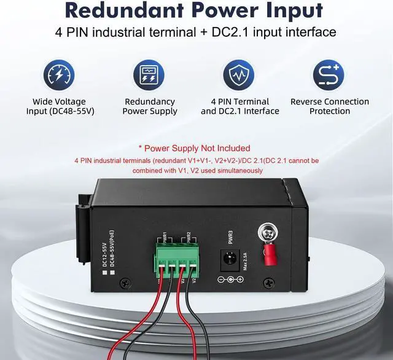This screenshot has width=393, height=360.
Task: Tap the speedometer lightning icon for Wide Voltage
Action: tap(59, 75)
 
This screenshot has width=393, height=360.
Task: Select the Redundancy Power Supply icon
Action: tap(149, 75)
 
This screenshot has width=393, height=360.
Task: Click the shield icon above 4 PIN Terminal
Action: tap(239, 75)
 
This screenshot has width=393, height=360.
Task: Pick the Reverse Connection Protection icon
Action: tap(329, 75)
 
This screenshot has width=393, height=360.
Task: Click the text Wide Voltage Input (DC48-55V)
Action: tap(60, 106)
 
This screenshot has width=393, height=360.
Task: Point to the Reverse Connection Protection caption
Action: tap(330, 106)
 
